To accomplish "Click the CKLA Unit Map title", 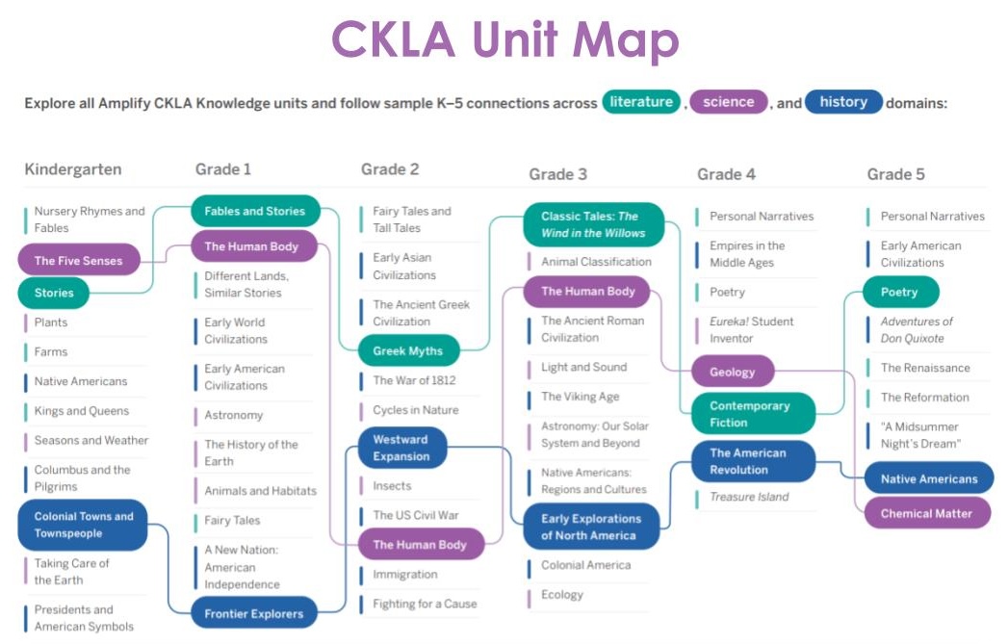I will [x=504, y=40].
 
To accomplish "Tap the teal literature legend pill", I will [x=641, y=102].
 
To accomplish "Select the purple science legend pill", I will [x=728, y=102].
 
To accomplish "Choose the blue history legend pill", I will [x=843, y=102].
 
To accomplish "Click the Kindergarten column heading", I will [x=73, y=169].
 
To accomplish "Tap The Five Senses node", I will [x=78, y=261].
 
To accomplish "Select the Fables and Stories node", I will [x=254, y=211].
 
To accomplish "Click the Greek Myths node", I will [x=407, y=350].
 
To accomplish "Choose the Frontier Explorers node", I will [x=253, y=613].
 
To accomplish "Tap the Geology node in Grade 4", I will [x=733, y=372].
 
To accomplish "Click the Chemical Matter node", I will [x=926, y=513].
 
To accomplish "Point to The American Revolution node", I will [x=748, y=462].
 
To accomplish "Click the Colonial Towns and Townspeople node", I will [x=84, y=525].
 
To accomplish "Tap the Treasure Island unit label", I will [x=749, y=497].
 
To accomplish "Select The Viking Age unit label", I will [x=580, y=397].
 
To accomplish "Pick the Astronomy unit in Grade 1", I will [x=233, y=415].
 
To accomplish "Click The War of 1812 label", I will [x=414, y=380].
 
